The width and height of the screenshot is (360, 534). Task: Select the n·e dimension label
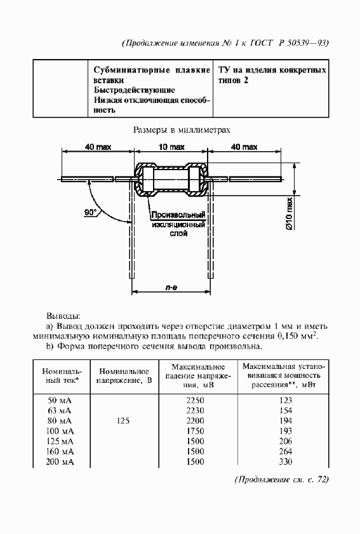tap(171, 288)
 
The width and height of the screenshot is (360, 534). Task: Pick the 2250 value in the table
tap(199, 400)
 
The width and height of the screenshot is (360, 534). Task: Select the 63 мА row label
tap(60, 410)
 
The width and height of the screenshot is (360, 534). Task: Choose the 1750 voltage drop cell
tap(199, 431)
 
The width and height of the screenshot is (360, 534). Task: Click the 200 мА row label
tap(60, 461)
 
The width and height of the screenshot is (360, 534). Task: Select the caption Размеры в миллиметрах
tap(181, 129)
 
